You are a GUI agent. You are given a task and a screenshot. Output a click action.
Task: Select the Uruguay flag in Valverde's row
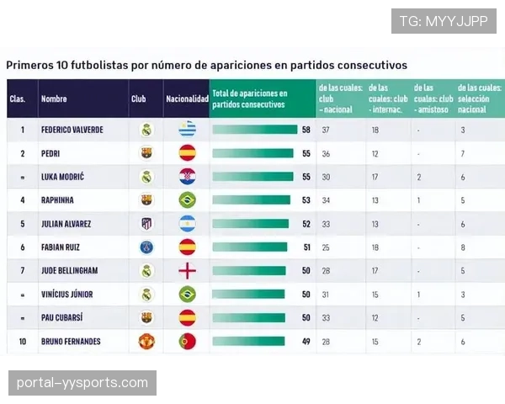[x=187, y=130]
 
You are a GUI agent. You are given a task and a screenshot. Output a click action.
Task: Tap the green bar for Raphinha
[x=250, y=200]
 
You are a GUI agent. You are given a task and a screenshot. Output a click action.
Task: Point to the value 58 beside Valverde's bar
[x=306, y=130]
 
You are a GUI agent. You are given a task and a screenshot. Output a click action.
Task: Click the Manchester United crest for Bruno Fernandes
[x=146, y=341]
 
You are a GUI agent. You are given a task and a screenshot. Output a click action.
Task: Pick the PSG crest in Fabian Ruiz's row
[x=146, y=247]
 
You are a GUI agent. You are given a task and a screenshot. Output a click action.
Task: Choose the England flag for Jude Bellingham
[x=187, y=271]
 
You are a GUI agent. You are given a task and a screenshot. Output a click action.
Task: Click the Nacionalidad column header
[x=187, y=98]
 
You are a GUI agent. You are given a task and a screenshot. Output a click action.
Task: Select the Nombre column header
[x=54, y=98]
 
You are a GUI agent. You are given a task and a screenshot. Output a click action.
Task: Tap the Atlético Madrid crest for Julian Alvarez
[x=146, y=224]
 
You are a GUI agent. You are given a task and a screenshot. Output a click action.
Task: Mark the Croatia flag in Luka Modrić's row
[x=187, y=177]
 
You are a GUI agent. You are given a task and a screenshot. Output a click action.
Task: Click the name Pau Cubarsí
[x=61, y=318]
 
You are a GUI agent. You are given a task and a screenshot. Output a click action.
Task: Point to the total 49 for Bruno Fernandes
[x=306, y=341]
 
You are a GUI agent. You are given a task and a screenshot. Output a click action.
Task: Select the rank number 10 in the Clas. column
[x=23, y=341]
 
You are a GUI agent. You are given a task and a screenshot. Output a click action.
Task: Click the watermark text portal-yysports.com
[x=82, y=383]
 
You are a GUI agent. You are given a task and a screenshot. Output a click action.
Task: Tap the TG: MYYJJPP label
[x=444, y=20]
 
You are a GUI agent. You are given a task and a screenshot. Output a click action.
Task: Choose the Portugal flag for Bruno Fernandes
[x=187, y=341]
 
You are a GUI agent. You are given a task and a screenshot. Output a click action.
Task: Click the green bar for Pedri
[x=252, y=153]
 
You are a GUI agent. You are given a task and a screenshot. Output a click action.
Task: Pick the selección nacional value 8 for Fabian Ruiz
[x=463, y=247]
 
